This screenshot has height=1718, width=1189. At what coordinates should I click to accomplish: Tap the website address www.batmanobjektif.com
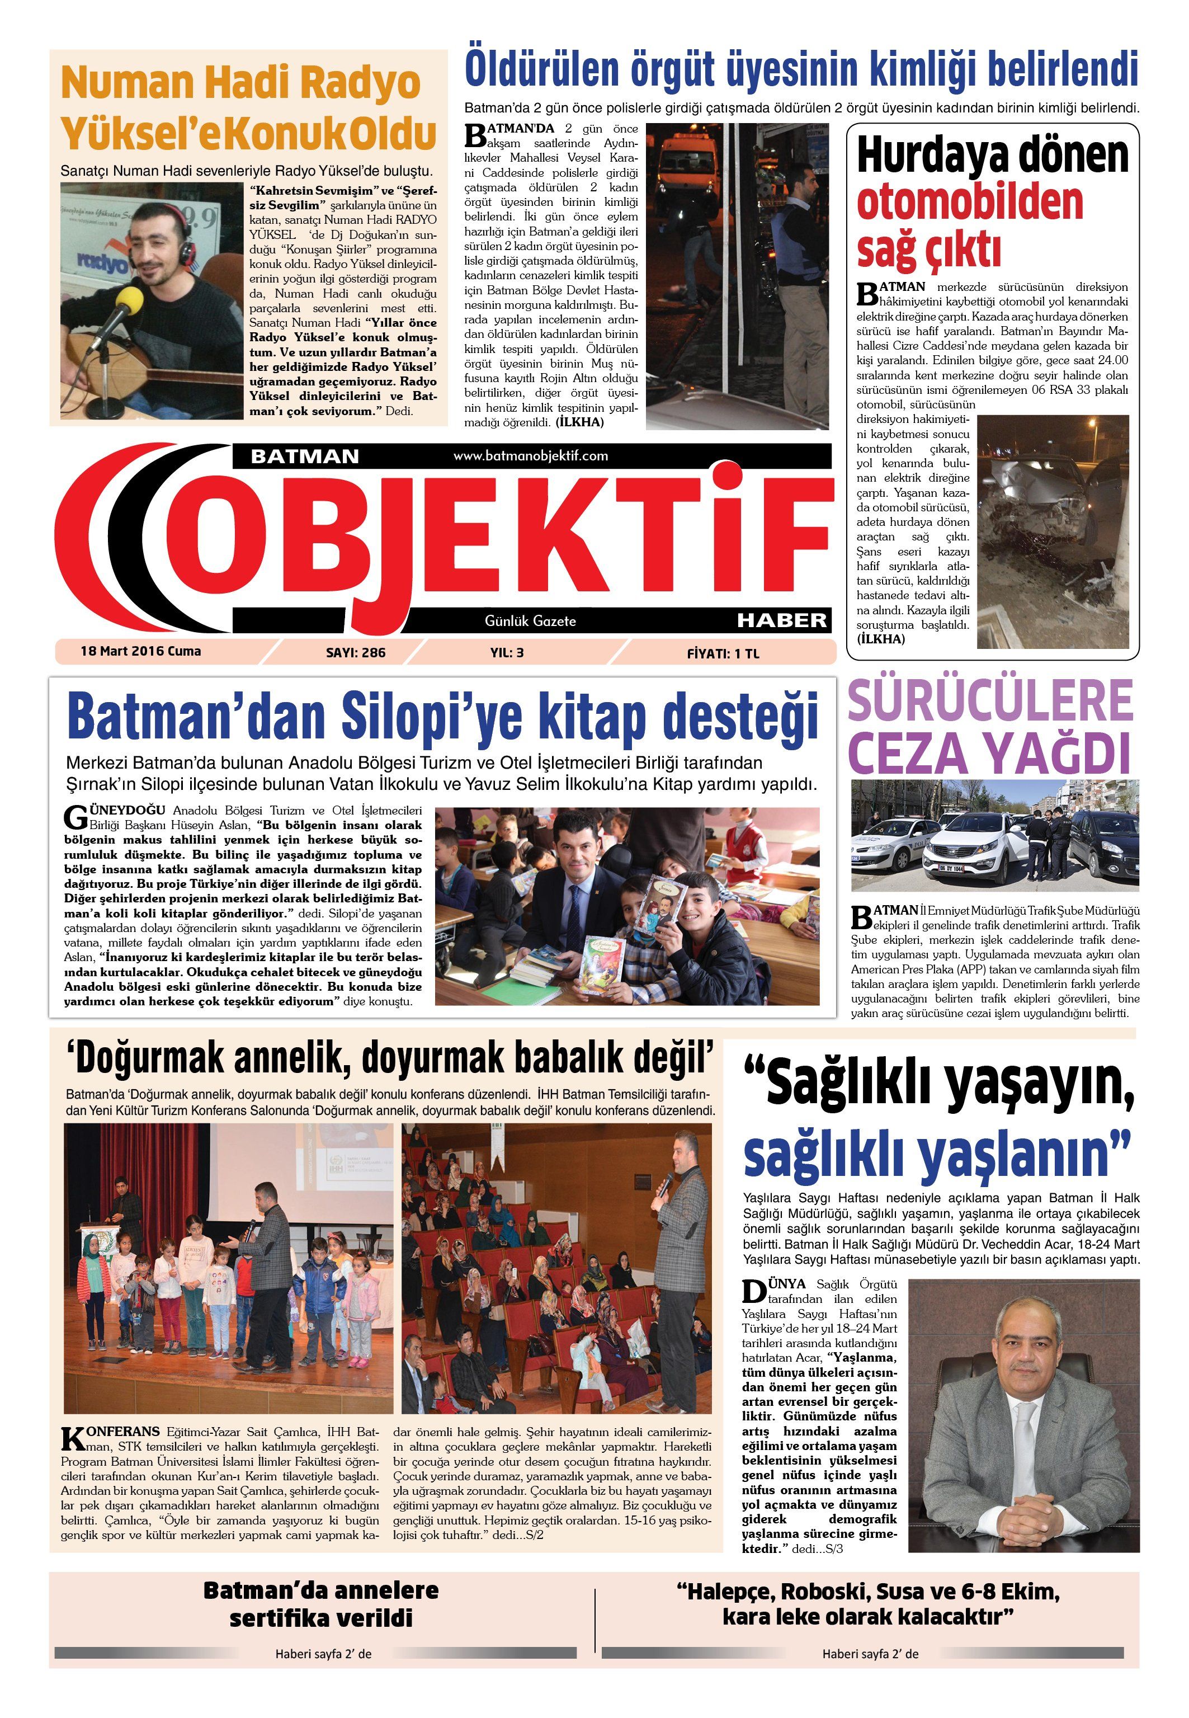click(x=530, y=455)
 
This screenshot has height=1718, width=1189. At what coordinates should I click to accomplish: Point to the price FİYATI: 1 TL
click(x=723, y=653)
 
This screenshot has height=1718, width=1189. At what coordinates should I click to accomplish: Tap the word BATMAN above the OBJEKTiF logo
click(x=305, y=456)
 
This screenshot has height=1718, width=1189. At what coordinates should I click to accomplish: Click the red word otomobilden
click(x=969, y=201)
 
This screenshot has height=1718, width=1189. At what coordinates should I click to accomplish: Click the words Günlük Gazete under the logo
click(x=530, y=620)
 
